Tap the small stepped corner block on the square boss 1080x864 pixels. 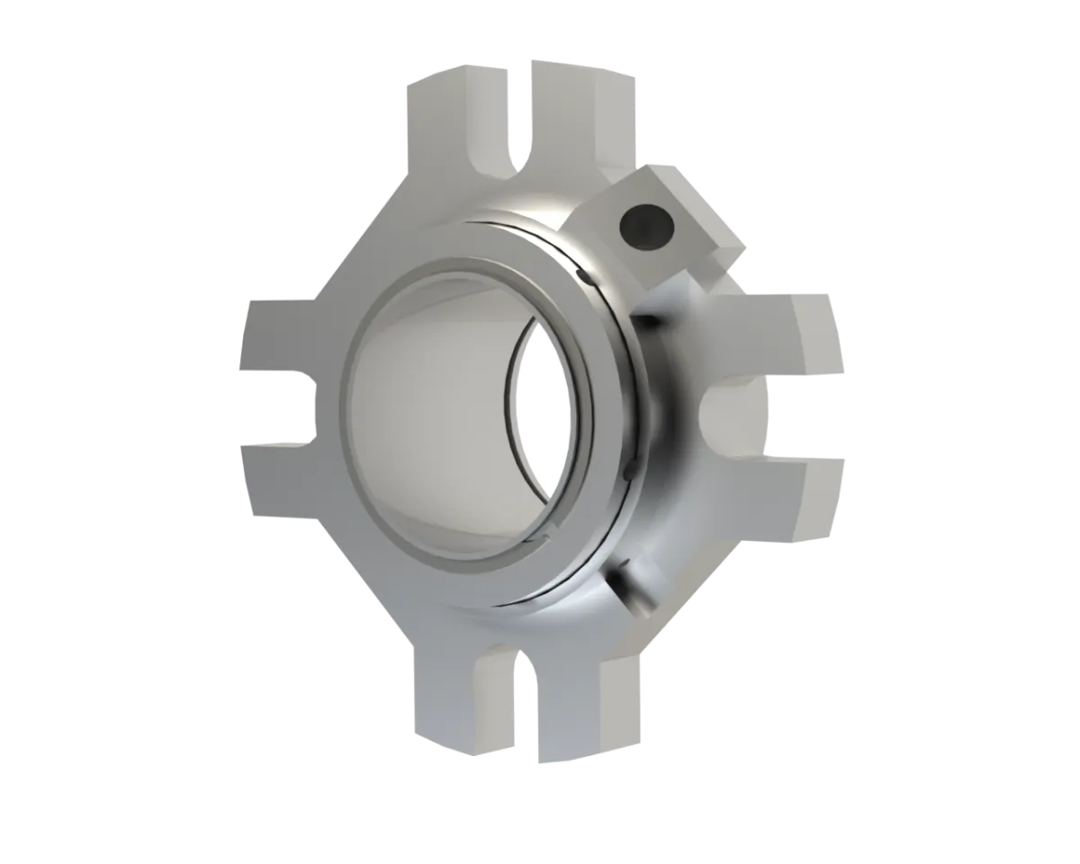click(x=724, y=256)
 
